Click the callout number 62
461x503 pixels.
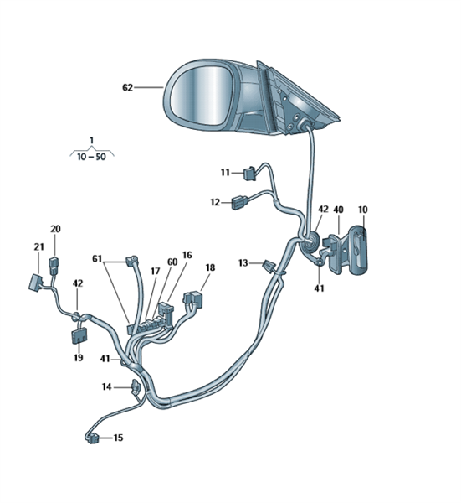click(127, 87)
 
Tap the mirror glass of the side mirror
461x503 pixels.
click(201, 97)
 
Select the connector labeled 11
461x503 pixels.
click(250, 174)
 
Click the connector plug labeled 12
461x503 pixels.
click(240, 202)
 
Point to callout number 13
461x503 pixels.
click(243, 263)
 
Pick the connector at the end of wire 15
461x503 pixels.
click(92, 438)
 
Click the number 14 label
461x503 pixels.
click(106, 386)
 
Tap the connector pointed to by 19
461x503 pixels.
click(79, 336)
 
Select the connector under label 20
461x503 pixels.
click(54, 266)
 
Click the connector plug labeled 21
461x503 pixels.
click(35, 283)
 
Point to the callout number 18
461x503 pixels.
click(210, 267)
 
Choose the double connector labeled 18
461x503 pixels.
click(193, 299)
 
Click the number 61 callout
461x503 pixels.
click(97, 258)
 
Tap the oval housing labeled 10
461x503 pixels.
click(358, 250)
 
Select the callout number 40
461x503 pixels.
click(338, 210)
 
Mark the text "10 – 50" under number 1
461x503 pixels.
click(91, 157)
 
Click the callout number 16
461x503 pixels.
click(187, 255)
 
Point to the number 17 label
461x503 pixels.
click(156, 272)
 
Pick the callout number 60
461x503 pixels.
click(172, 262)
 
